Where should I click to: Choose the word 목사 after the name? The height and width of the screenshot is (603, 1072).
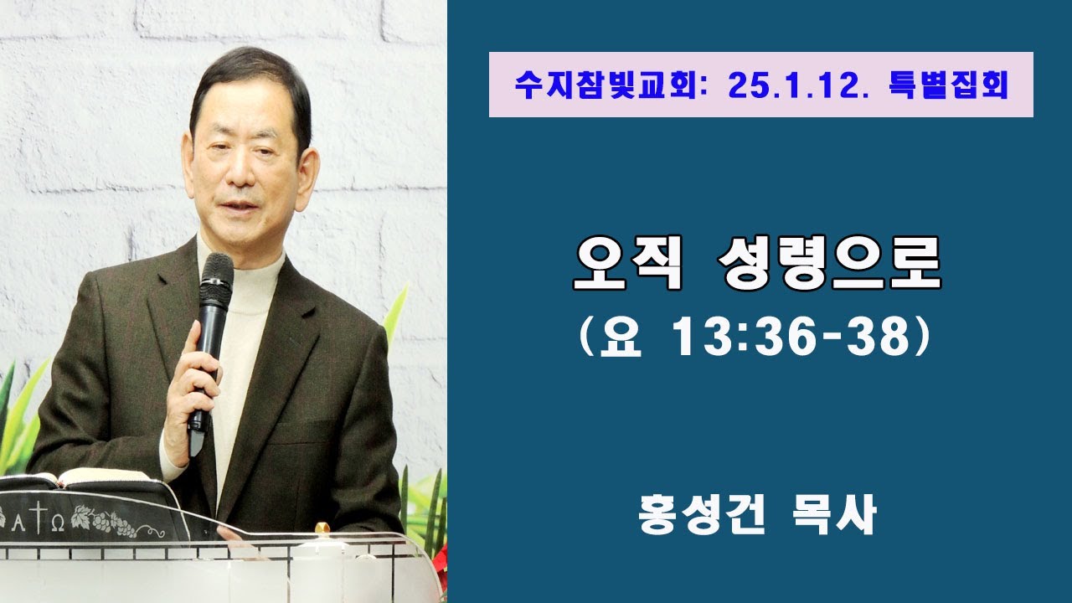point(837,514)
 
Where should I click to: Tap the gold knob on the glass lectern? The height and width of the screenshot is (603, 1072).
point(322,528)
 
